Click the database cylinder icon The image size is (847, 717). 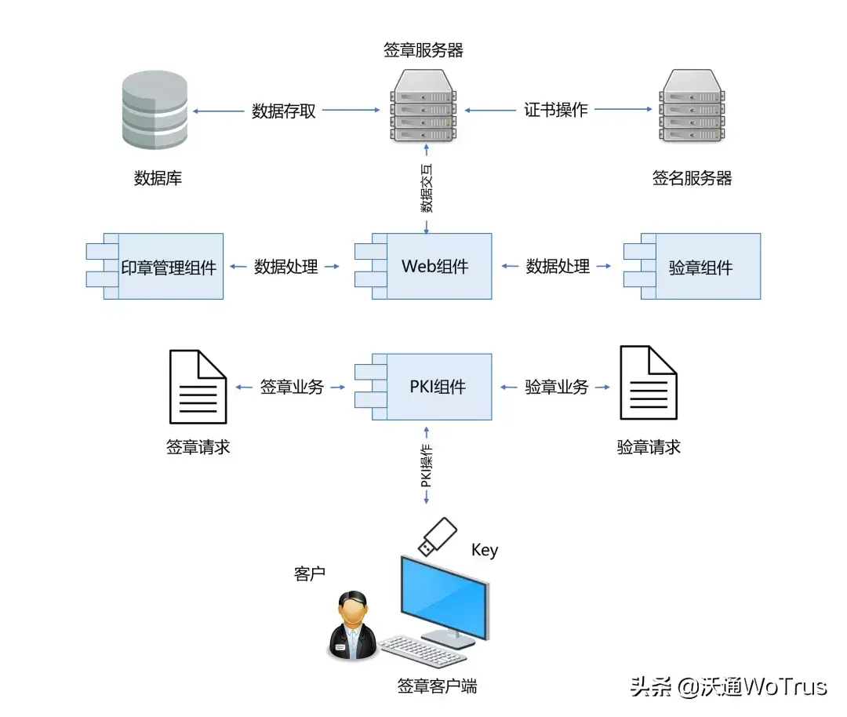point(155,111)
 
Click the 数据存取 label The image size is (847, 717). point(284,111)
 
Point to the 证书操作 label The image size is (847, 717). point(555,110)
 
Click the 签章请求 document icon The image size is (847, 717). point(198,387)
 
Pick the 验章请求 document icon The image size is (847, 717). point(648,384)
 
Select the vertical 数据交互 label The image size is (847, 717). point(427,188)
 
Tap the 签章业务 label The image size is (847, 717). point(291,387)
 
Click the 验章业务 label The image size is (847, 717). point(556,387)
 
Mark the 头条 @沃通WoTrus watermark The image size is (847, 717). point(729,687)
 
